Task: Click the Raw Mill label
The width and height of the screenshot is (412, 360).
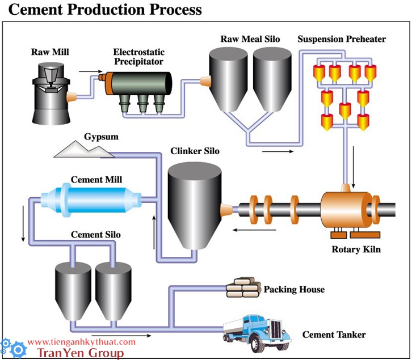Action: click(x=49, y=52)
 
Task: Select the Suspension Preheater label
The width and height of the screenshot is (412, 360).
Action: click(x=342, y=40)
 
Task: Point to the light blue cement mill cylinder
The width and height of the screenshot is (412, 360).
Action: click(x=90, y=199)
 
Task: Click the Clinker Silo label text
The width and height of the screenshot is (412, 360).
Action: click(x=195, y=152)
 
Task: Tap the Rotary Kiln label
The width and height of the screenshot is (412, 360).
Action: click(x=356, y=249)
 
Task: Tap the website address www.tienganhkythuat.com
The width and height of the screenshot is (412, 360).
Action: click(x=82, y=342)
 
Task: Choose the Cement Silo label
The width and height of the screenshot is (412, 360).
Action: click(x=95, y=234)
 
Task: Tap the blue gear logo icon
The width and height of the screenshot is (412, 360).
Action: click(x=12, y=348)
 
